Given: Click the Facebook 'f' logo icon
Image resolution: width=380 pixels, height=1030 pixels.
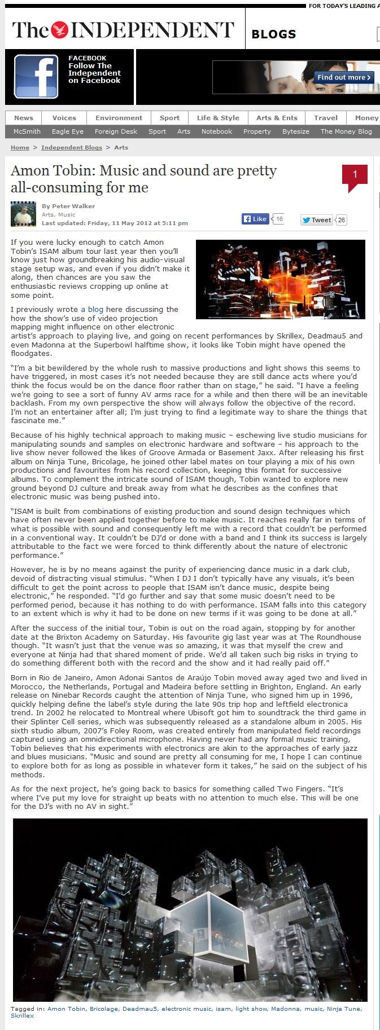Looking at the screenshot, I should [36, 77].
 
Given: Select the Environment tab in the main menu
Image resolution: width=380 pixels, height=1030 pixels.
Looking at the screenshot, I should [119, 118].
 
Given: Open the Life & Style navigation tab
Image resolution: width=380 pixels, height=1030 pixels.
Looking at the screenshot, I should [218, 118].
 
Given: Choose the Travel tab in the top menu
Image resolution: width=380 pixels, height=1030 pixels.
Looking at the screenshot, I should [326, 118].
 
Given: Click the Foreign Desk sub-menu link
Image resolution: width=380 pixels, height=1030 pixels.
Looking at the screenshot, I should [116, 131].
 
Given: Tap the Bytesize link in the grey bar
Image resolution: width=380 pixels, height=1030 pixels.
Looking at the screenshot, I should [295, 131].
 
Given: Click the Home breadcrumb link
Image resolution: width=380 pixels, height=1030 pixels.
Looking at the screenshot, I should [20, 147].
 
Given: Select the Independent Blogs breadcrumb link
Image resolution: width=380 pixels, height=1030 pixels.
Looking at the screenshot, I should [72, 147].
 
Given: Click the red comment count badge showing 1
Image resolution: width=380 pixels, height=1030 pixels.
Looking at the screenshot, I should [355, 175].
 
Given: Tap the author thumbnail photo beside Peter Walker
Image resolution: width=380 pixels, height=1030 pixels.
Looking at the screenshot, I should [23, 214].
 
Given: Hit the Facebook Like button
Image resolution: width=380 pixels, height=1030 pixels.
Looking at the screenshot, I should [255, 219].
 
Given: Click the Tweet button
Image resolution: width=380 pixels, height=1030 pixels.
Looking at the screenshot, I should [317, 220].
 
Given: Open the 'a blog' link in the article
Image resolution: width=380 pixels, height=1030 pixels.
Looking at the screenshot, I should [92, 309].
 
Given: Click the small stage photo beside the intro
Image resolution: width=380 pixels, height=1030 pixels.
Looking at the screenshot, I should [280, 279].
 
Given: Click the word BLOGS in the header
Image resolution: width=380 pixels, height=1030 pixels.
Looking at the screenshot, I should [274, 34].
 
